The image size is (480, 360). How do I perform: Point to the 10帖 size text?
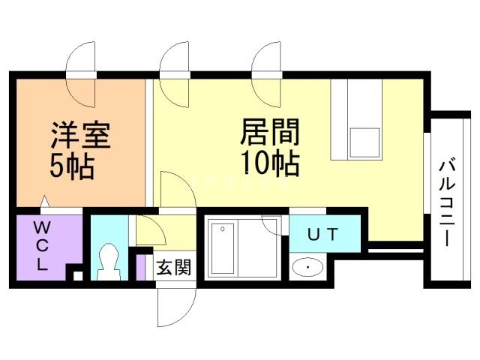(270, 162)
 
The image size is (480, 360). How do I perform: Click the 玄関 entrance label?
(173, 267)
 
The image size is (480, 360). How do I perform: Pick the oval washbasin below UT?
(307, 266)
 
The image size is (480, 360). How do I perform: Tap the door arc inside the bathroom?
(271, 225)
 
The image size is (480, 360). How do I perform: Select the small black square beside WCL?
(77, 276)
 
